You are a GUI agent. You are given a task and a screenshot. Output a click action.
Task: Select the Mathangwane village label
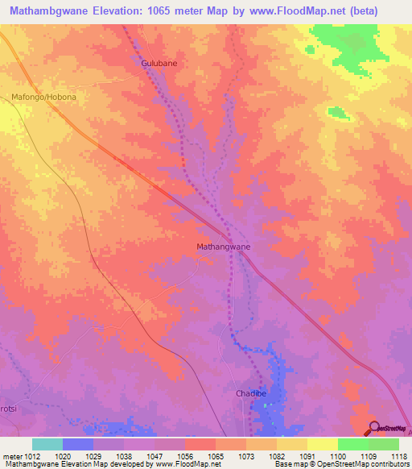224,247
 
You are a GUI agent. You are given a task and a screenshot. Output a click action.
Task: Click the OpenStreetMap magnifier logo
373,429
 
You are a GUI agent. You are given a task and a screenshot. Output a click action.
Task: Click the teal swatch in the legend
47,444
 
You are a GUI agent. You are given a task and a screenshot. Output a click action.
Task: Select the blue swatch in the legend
78,444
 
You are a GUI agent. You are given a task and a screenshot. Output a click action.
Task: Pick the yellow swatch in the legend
322,444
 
